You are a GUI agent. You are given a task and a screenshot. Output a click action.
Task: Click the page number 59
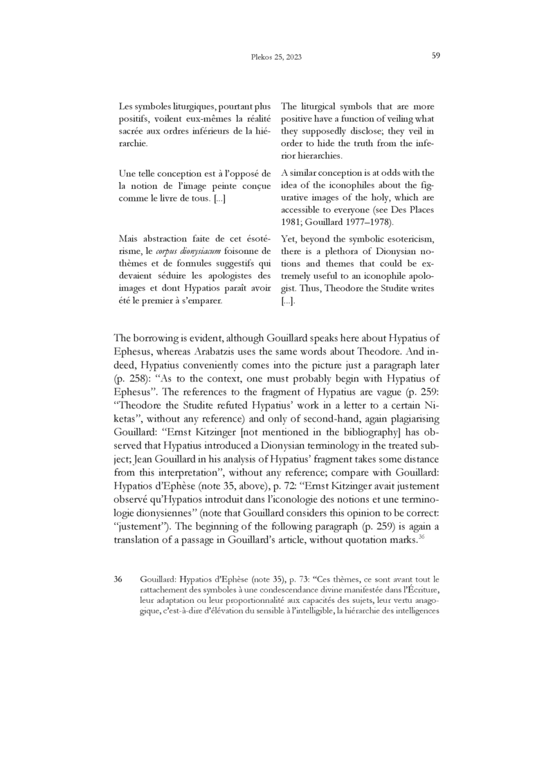(x=436, y=55)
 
